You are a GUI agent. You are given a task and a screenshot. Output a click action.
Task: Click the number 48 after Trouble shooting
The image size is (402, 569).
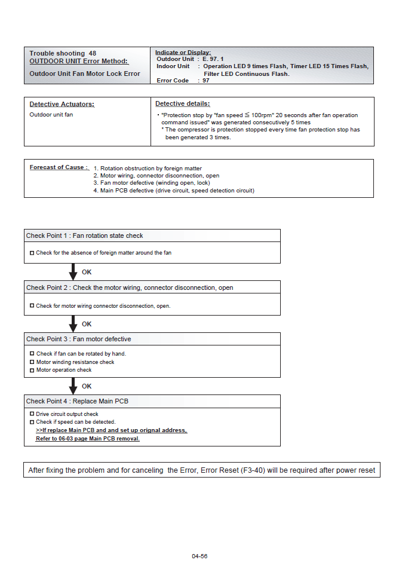click(92, 54)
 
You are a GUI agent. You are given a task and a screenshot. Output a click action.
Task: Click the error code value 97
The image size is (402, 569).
click(206, 80)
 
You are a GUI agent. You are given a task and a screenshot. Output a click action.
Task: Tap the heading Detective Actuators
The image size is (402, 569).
click(62, 104)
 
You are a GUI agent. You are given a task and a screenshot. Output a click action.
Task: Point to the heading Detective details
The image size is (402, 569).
click(183, 103)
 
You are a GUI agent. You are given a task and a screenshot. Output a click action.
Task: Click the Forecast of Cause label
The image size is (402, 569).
click(59, 167)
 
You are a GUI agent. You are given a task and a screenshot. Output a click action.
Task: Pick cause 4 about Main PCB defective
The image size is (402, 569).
click(174, 191)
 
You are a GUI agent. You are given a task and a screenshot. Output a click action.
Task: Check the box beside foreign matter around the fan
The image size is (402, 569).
click(32, 253)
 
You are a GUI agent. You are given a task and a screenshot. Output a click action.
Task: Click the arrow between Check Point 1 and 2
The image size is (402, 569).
click(73, 273)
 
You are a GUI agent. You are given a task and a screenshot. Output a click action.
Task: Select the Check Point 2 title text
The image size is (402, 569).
click(130, 287)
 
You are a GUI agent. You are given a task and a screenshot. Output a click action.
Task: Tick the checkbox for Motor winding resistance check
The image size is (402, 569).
click(32, 362)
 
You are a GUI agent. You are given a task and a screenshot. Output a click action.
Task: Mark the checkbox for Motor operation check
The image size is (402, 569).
click(32, 370)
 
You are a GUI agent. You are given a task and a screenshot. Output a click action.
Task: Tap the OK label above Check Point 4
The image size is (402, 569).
click(87, 387)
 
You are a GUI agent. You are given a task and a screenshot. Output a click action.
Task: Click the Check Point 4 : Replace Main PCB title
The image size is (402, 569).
click(77, 401)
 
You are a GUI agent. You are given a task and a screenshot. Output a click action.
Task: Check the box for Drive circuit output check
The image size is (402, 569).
click(32, 414)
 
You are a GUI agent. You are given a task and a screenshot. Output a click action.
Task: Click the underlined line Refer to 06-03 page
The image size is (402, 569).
click(88, 438)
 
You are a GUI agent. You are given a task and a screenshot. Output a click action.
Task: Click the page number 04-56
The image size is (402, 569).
click(200, 556)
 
